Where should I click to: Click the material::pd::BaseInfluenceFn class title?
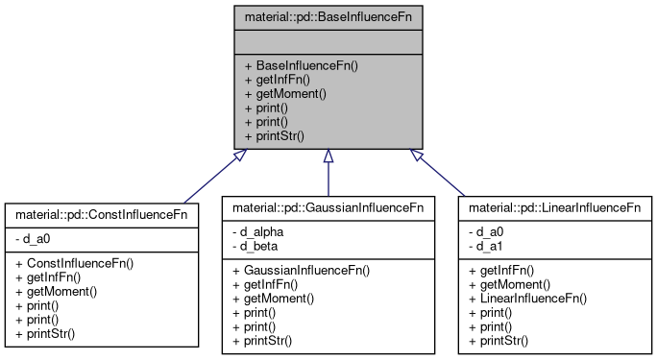[328, 16]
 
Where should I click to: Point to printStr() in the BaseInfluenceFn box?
[274, 135]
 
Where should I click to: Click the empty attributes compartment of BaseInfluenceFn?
[328, 41]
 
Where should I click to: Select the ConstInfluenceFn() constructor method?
[74, 262]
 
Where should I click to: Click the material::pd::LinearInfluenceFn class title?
[555, 206]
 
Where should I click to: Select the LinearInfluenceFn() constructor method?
[528, 299]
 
